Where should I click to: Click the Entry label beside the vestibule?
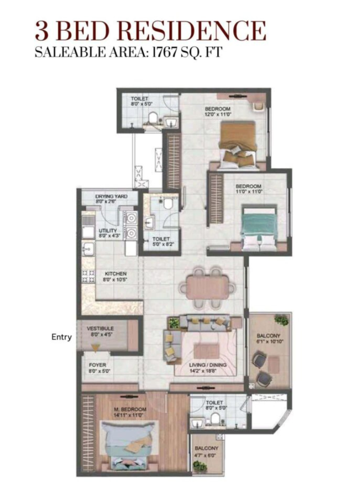pos(61,337)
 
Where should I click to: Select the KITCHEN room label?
pos(116,274)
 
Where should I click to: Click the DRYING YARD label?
pos(111,196)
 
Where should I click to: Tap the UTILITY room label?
pos(108,231)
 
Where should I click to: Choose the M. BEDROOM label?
pos(130,409)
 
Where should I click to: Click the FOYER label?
pos(97,365)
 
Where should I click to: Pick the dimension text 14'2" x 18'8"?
pos(203,371)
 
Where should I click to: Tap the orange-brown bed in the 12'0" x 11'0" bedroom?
pos(238,144)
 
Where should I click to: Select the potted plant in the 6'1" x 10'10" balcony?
pos(281,320)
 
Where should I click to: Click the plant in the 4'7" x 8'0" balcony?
pos(200,466)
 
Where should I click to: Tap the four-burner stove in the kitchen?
pos(88,276)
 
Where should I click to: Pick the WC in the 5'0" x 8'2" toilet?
pos(168,204)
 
